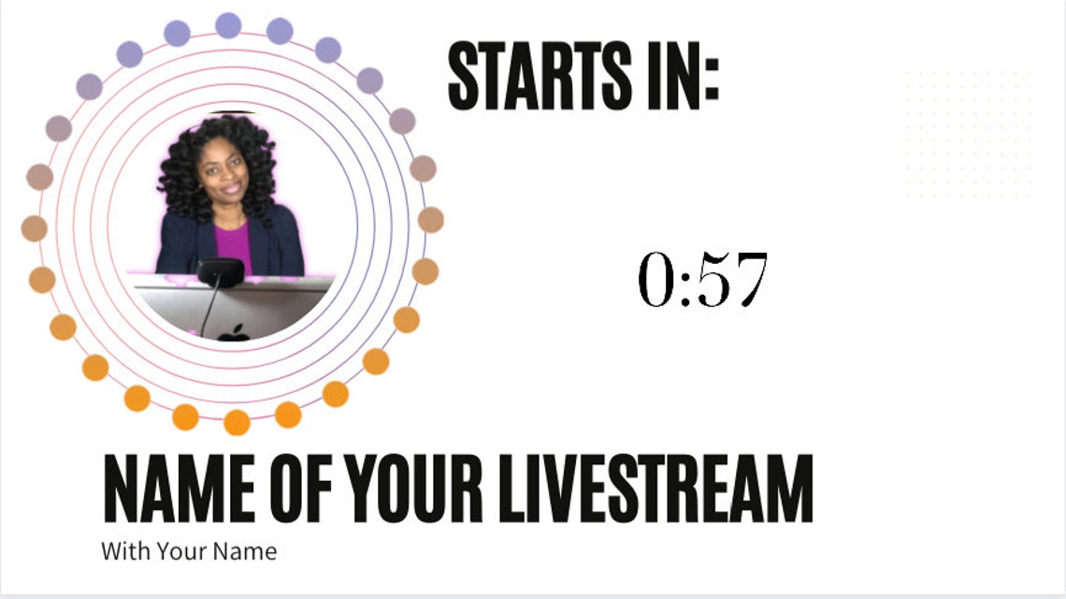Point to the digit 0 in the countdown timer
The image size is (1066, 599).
pos(657,280)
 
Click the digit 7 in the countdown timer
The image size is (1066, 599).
pos(749,280)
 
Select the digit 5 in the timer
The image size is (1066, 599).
pos(713,280)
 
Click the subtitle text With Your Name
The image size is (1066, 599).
pos(189,551)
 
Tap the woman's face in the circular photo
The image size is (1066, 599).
pos(223,173)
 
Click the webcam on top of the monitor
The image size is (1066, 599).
pos(221,272)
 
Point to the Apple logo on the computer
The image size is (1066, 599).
pos(234,332)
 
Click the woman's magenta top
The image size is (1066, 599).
pos(233,245)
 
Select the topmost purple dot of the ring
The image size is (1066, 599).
pos(228,25)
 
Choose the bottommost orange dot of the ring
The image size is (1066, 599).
pos(237,422)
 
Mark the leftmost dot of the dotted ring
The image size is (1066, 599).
pos(35,228)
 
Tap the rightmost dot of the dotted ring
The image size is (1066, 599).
pos(430,220)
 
